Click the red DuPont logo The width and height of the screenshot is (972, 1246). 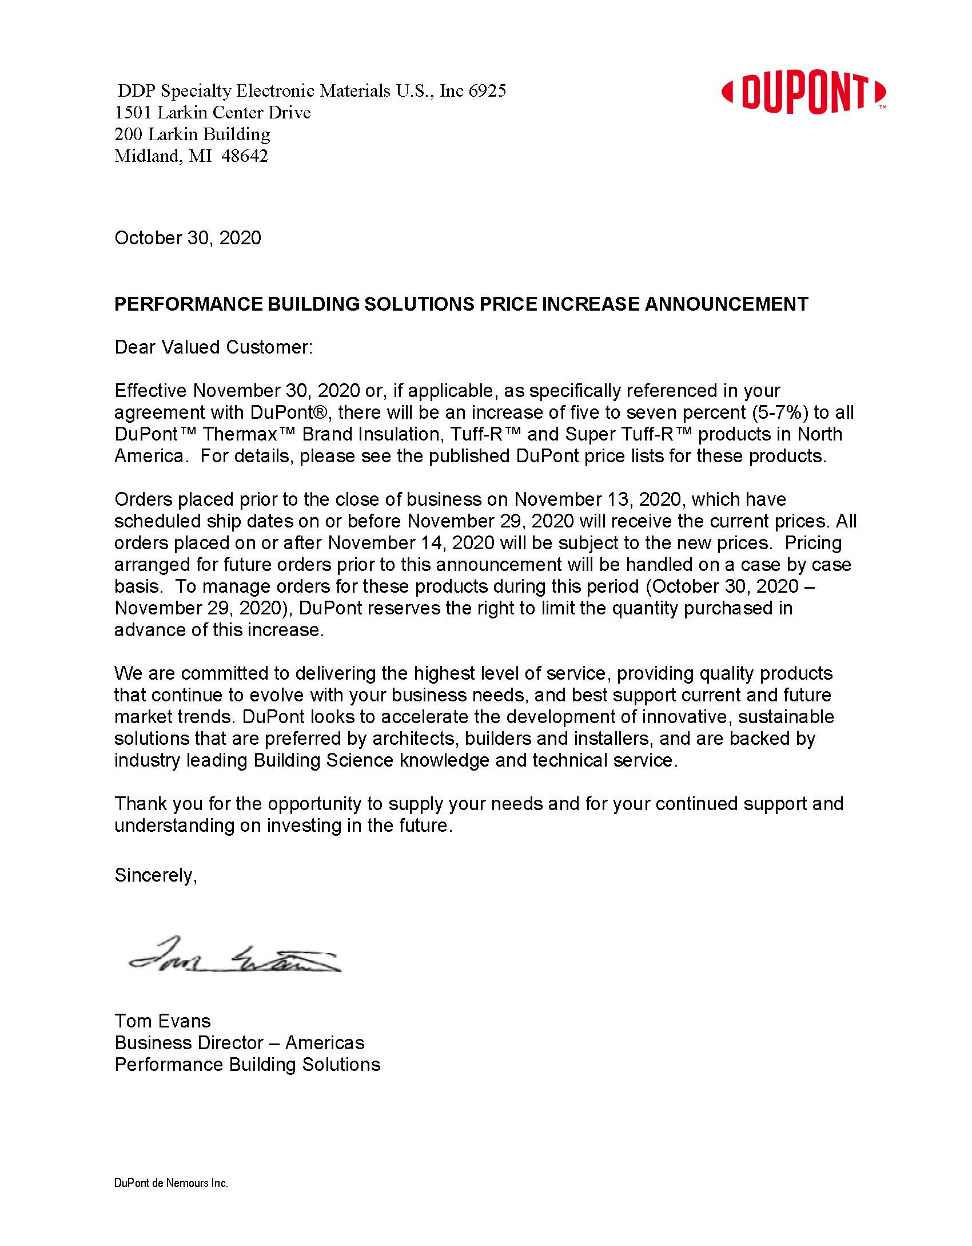coord(803,92)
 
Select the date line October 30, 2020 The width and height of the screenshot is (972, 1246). coord(188,238)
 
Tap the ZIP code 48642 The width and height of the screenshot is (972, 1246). coord(244,156)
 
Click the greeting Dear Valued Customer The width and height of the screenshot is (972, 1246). coord(213,347)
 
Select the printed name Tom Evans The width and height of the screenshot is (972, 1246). coord(162,1021)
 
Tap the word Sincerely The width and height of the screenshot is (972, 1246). coord(156,875)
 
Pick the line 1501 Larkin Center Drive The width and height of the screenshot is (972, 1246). coord(212,113)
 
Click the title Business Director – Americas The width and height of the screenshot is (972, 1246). coord(239,1043)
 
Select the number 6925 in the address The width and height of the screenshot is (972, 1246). coord(487,91)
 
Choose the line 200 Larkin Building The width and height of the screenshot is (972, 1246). coord(192,134)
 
